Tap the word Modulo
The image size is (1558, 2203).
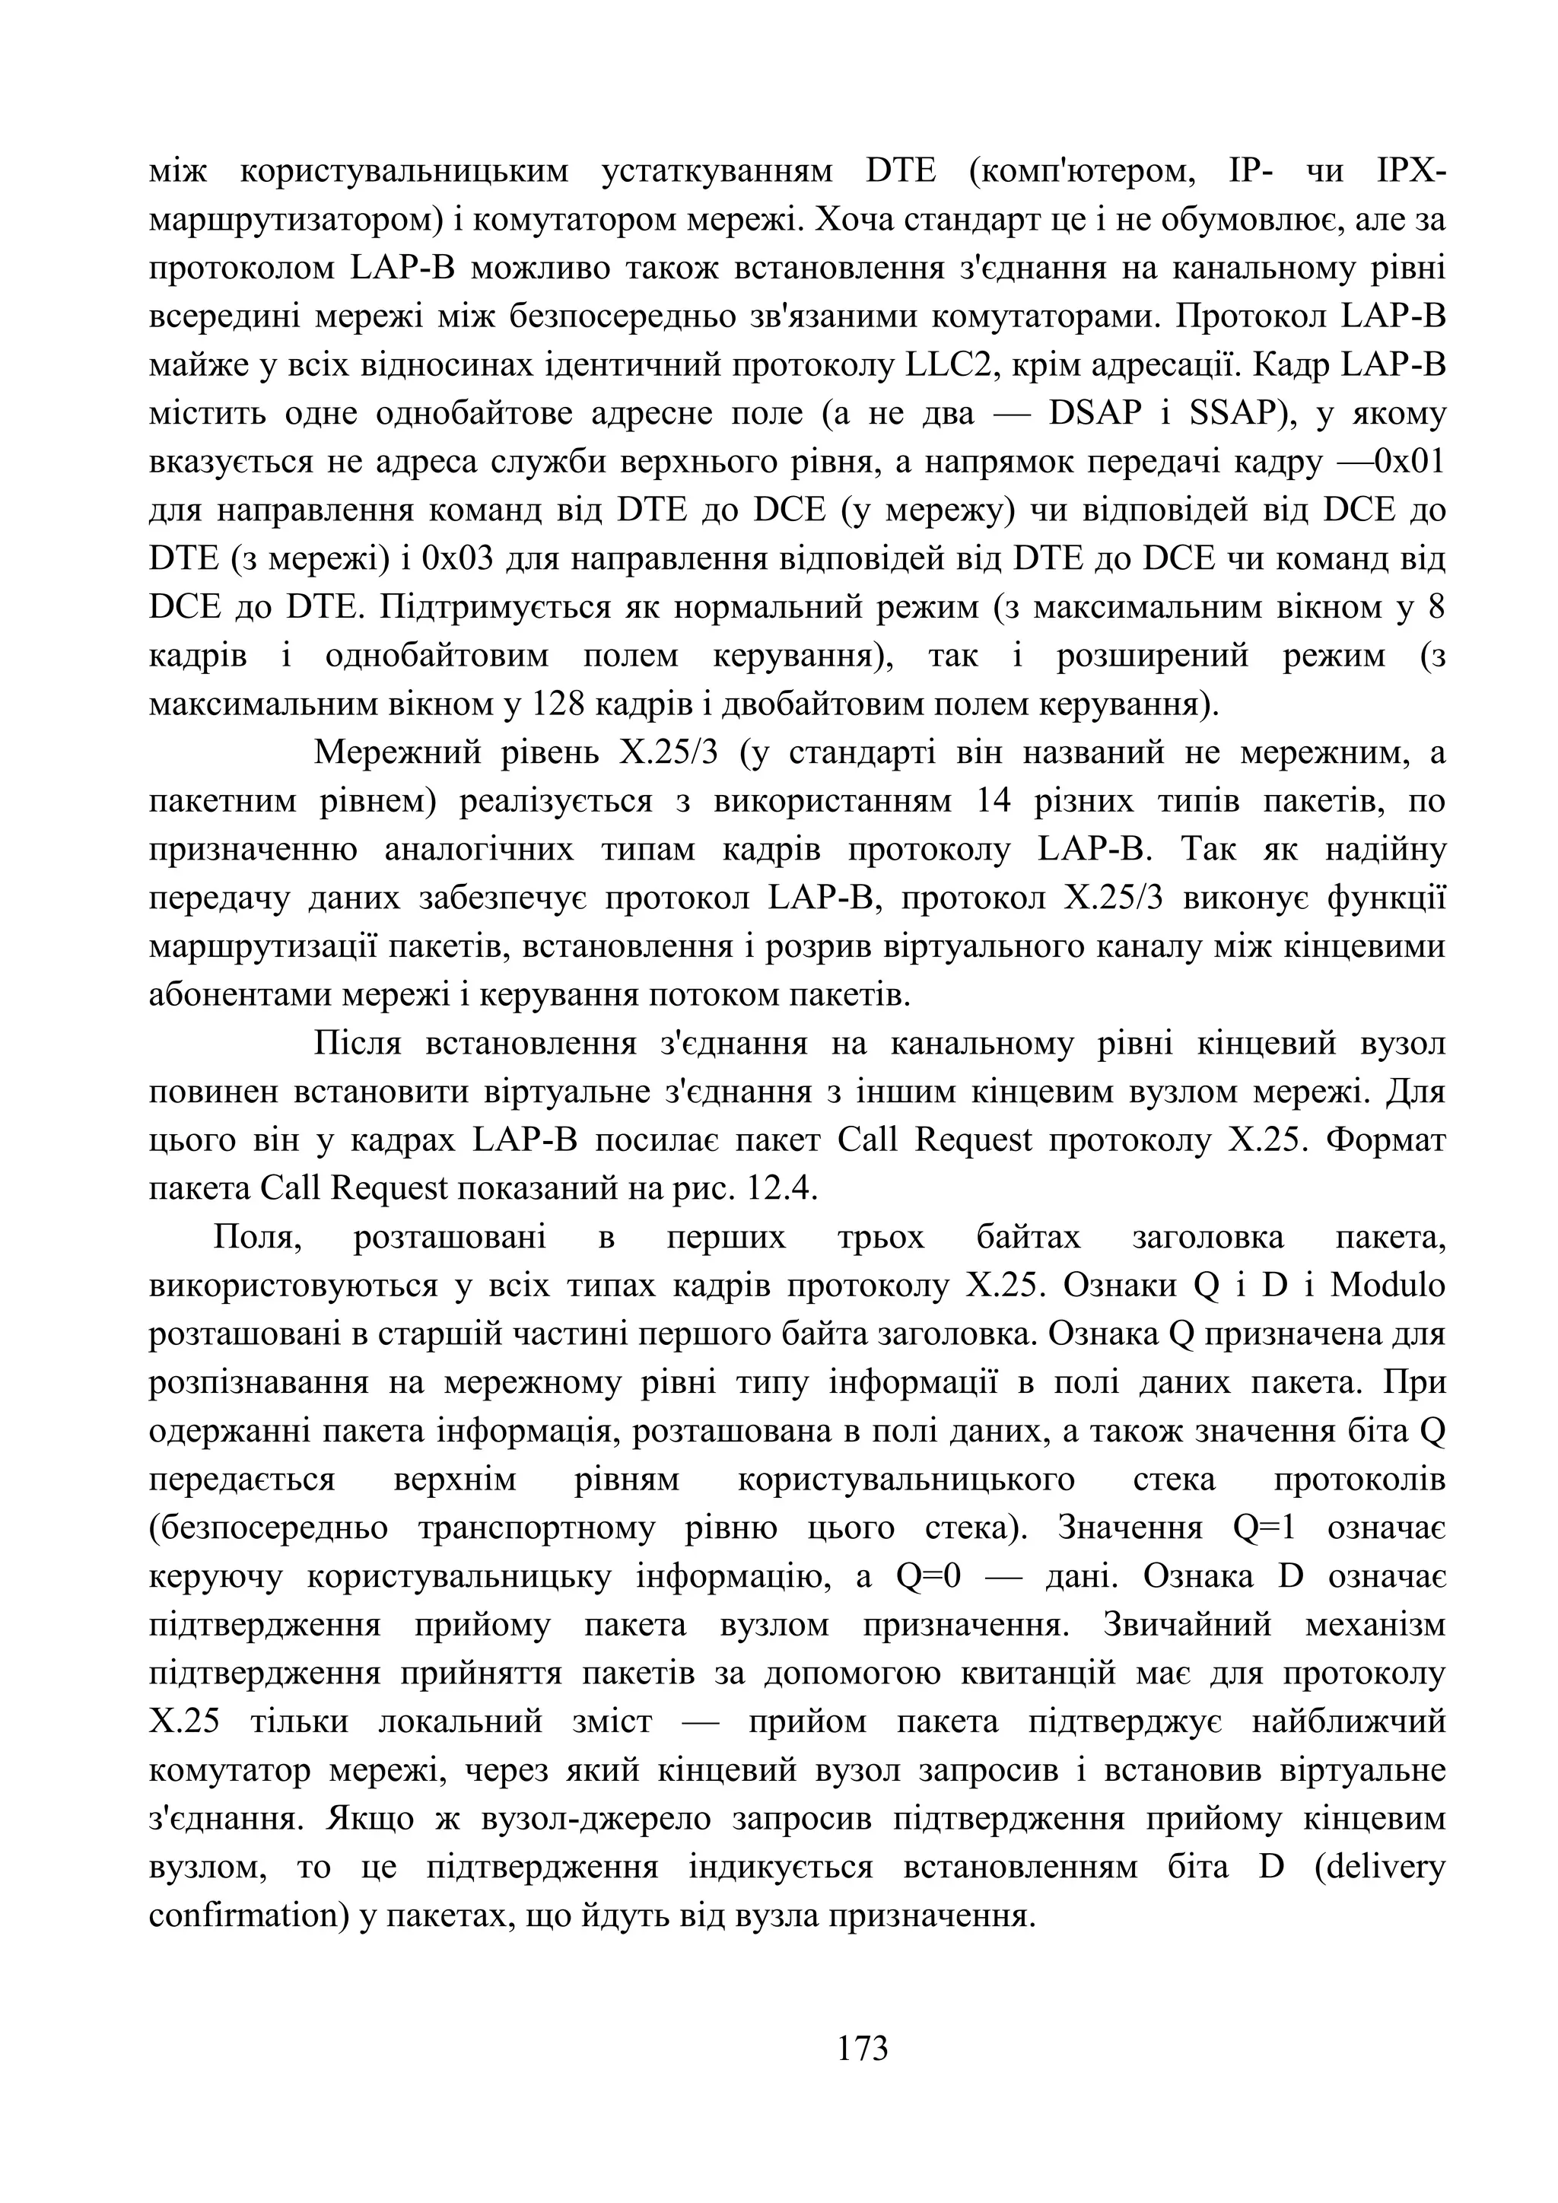pos(1386,1286)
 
